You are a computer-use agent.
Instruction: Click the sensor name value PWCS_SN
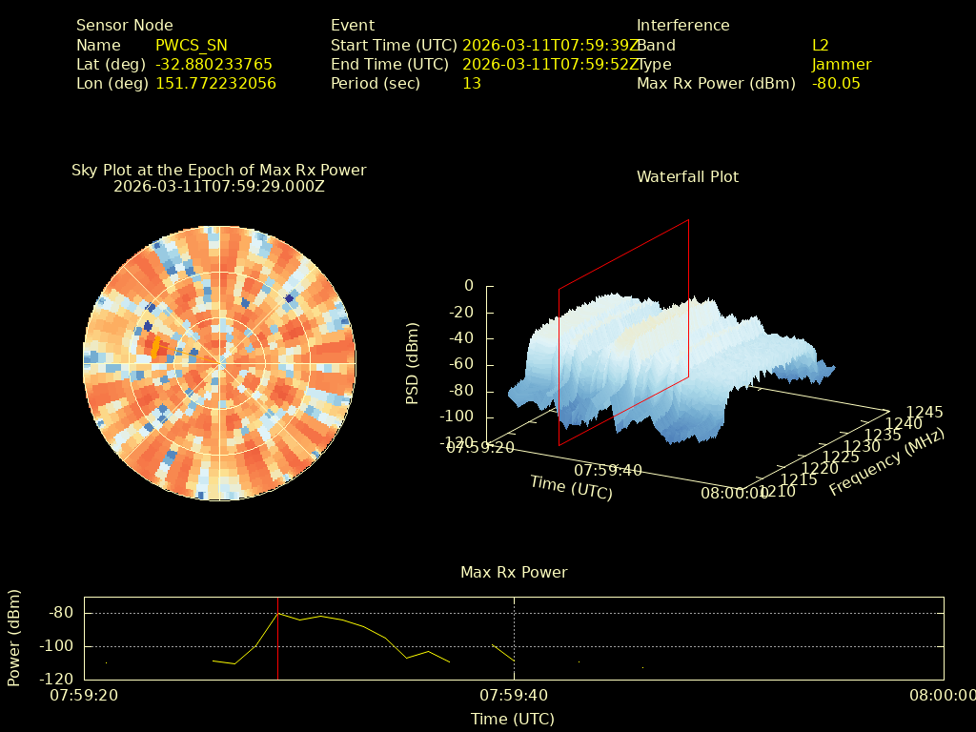pos(191,45)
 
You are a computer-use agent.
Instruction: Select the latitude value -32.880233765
pos(213,64)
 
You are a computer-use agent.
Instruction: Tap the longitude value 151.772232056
pos(215,83)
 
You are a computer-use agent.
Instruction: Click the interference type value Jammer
pos(841,64)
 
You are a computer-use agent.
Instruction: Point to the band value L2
pos(820,45)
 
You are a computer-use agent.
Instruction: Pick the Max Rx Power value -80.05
pos(836,83)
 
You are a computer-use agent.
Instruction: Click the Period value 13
pos(471,83)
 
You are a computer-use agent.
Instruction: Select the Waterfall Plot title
pos(687,176)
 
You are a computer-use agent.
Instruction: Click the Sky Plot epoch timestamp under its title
pos(218,186)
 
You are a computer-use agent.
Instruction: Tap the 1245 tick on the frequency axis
pos(925,412)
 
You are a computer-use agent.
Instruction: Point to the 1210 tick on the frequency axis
pos(778,491)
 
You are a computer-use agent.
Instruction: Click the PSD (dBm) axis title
pos(413,363)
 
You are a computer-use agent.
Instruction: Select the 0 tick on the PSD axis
pos(468,286)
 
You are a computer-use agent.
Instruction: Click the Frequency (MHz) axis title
pos(886,462)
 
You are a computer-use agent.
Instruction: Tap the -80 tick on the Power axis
pos(61,613)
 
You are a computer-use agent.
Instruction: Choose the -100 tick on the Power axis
pos(57,646)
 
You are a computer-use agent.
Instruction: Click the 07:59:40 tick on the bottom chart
pos(514,695)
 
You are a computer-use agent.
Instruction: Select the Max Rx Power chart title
pos(514,572)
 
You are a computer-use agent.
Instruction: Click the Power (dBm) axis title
pos(14,638)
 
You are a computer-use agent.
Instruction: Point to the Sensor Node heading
pos(124,26)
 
